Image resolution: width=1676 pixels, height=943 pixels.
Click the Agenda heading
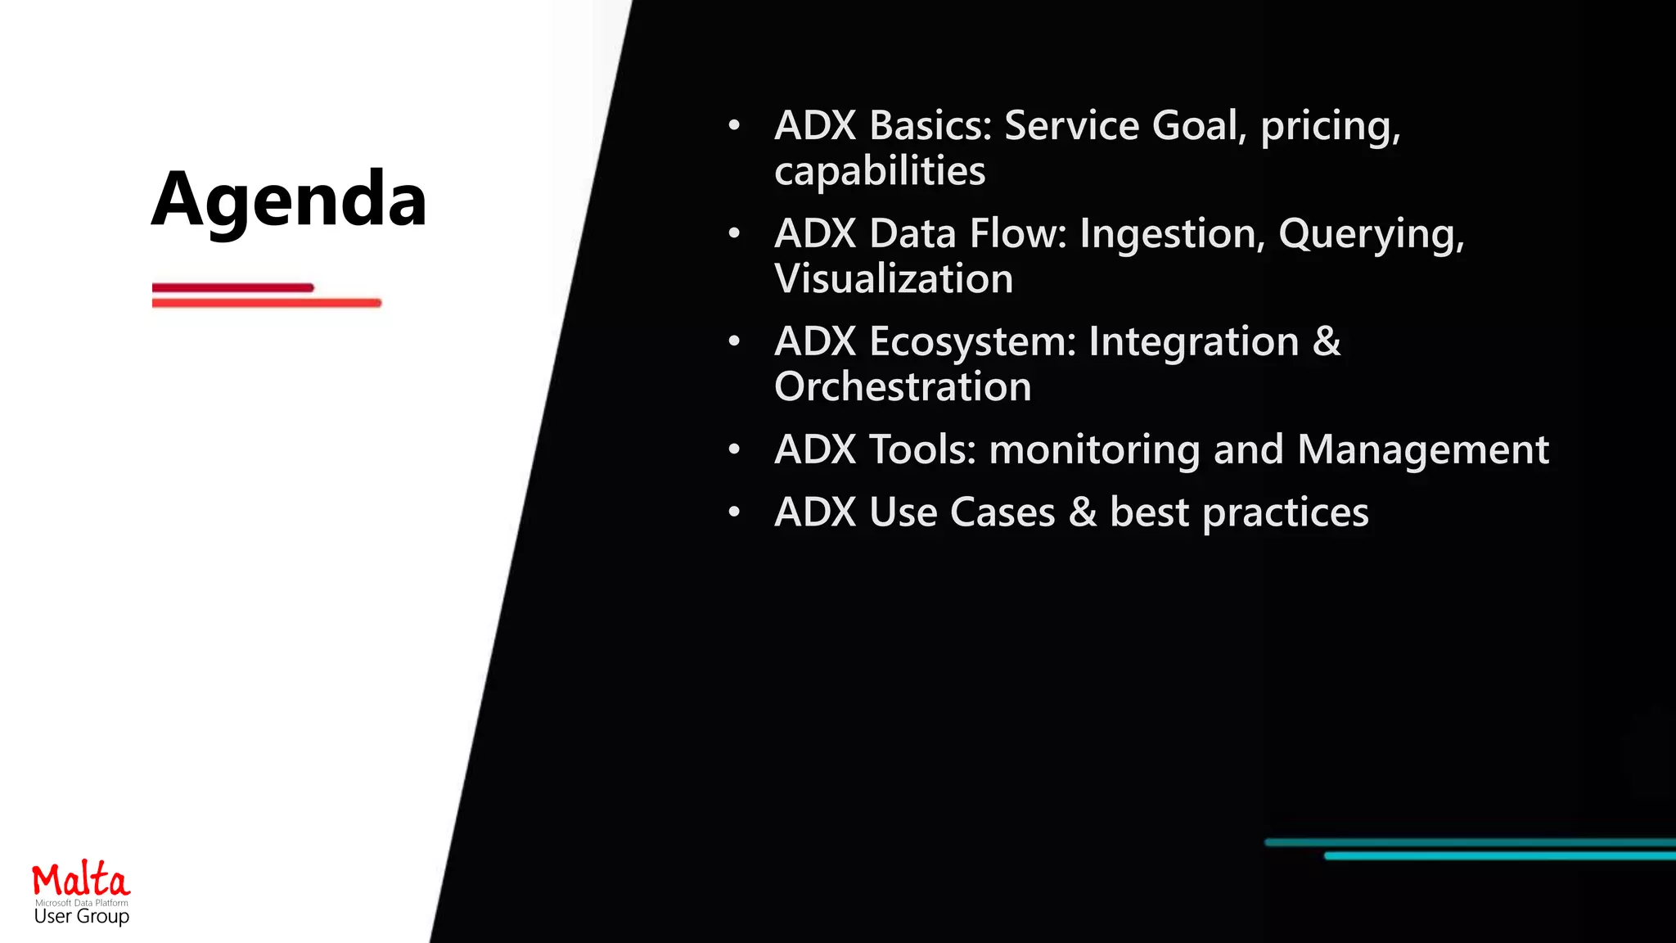point(289,199)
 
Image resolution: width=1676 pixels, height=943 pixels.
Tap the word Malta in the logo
point(81,881)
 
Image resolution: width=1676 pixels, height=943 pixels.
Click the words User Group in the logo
point(81,916)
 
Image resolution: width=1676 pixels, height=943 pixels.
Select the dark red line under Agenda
point(232,287)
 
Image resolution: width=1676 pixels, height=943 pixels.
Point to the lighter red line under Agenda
point(266,303)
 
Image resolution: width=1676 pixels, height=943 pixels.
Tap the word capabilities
point(880,171)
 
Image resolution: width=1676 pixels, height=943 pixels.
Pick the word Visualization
point(894,279)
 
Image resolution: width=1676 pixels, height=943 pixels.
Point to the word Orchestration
point(903,386)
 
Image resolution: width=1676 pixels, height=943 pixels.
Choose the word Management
point(1422,450)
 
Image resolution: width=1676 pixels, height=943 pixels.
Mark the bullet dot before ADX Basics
point(734,125)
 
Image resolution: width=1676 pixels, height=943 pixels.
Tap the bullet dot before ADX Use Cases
point(734,512)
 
